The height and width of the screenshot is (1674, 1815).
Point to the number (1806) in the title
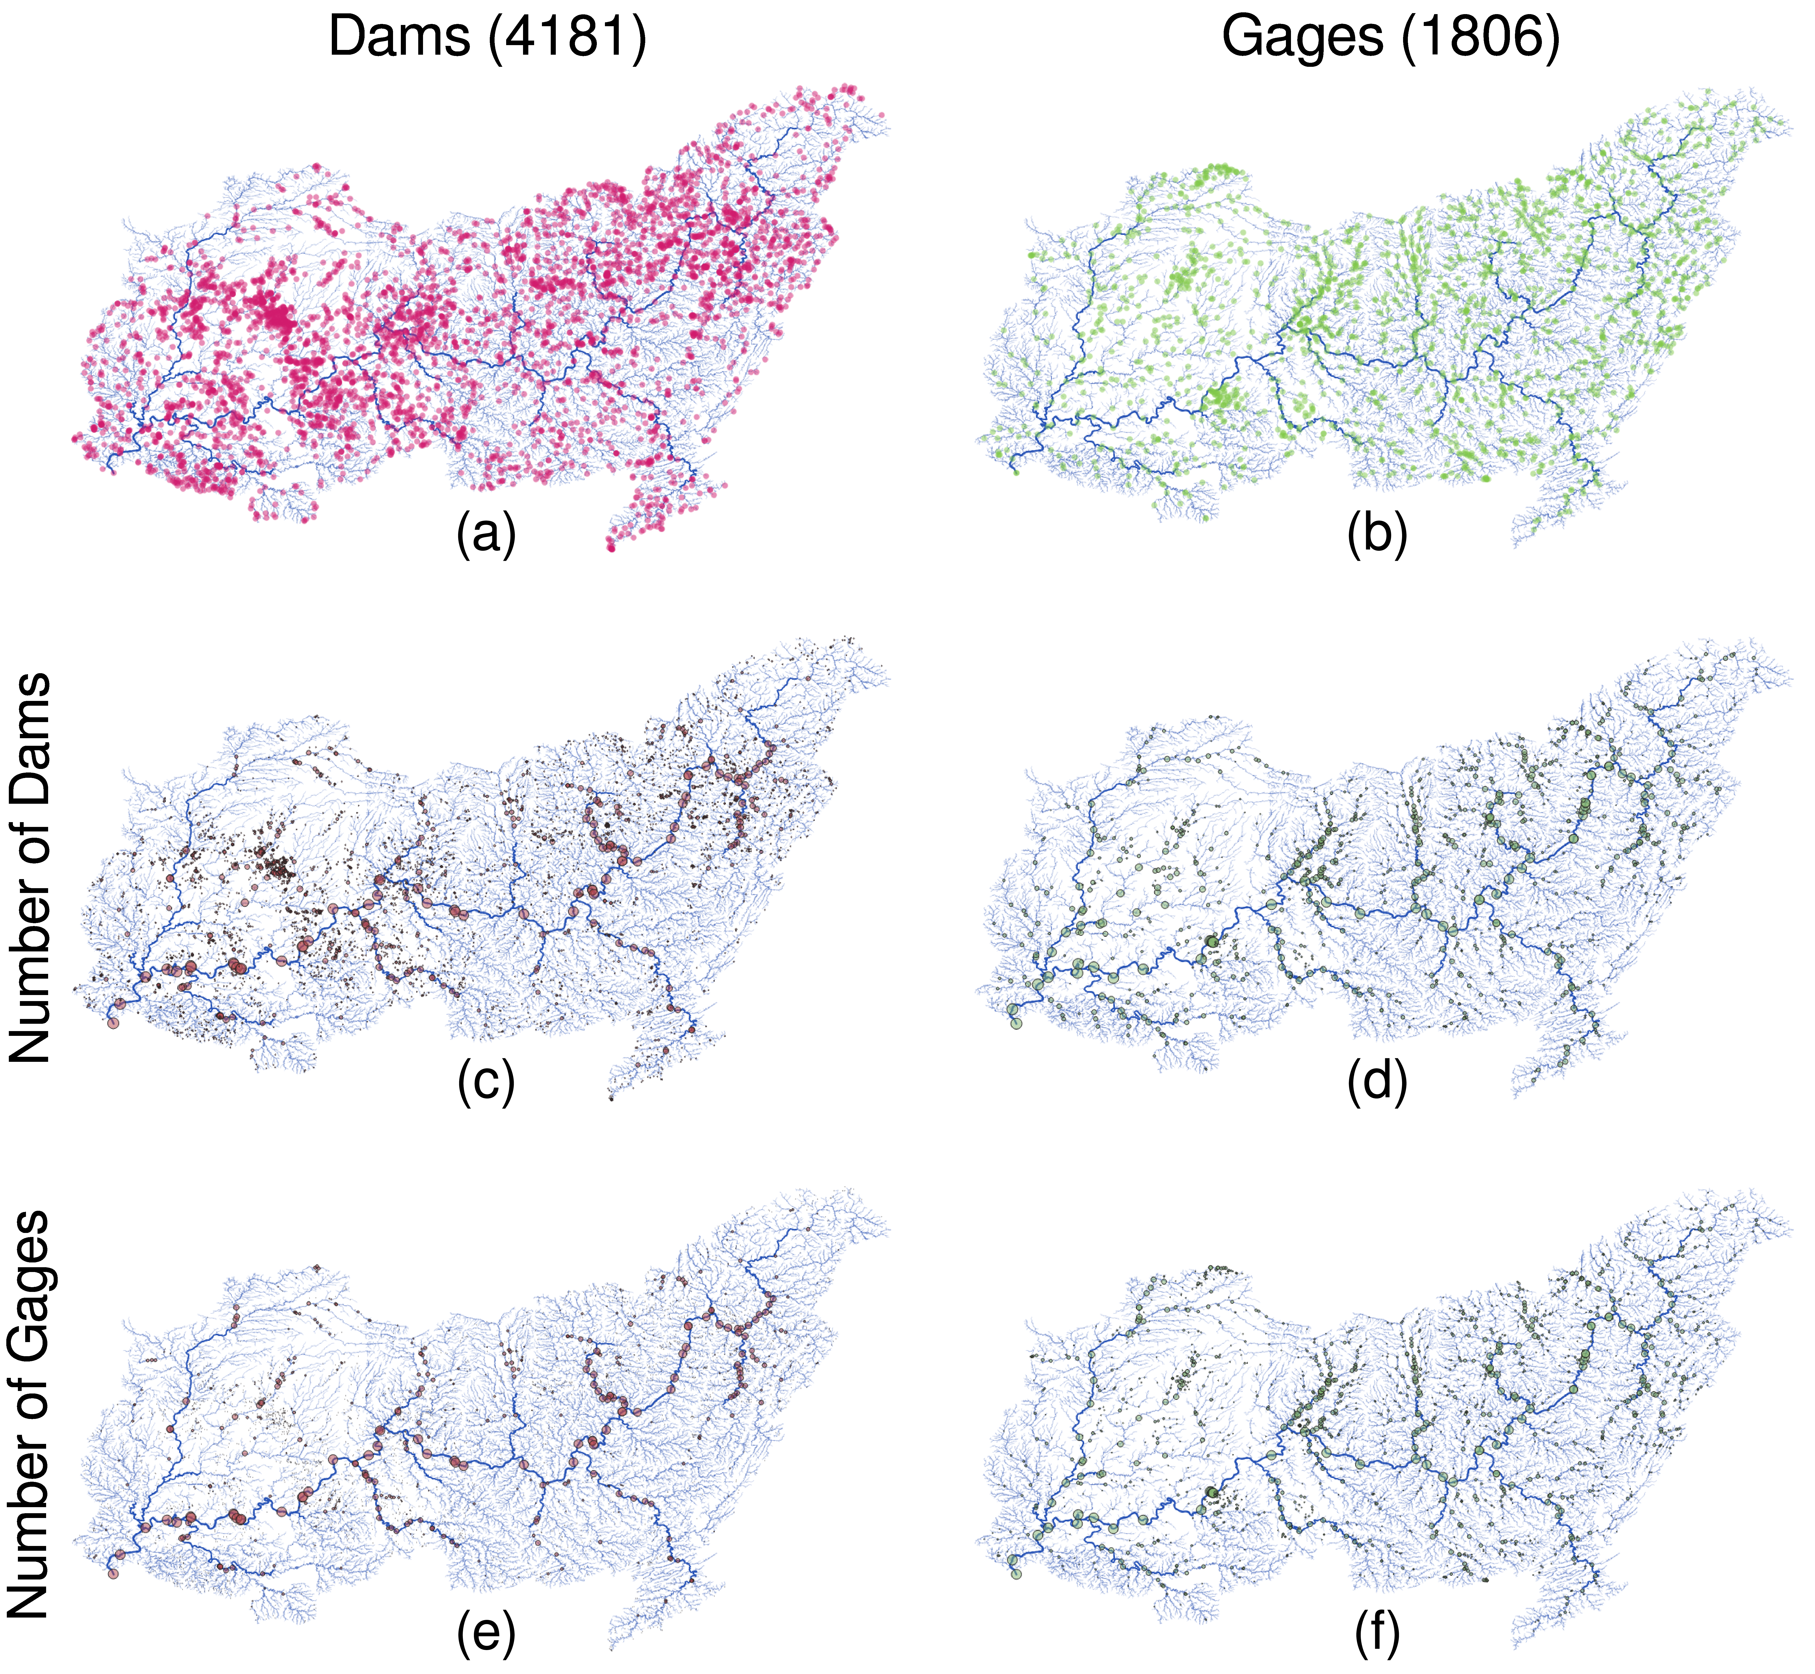pyautogui.click(x=1482, y=38)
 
